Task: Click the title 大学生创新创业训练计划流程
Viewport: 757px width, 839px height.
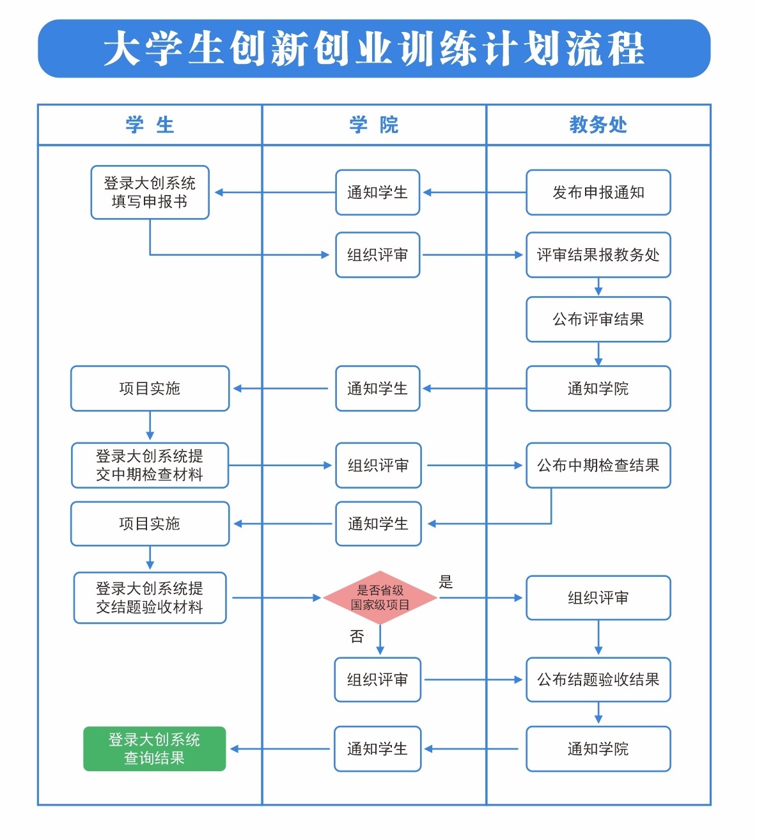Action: pos(374,49)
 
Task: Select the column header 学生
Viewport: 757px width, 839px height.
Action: pos(150,125)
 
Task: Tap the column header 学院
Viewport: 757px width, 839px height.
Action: pos(374,125)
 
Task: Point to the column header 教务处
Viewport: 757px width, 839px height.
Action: pos(598,125)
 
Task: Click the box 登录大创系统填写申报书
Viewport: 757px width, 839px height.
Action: pos(150,192)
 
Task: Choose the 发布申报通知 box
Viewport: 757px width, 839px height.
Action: pos(598,192)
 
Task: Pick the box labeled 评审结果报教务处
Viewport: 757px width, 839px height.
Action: pos(598,255)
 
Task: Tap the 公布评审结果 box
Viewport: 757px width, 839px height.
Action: pos(598,319)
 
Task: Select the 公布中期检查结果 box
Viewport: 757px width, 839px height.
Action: pos(598,466)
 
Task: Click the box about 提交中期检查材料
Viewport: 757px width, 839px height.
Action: pos(150,466)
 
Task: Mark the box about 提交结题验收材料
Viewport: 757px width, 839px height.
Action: pos(150,598)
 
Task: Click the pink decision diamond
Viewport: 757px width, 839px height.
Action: pos(380,598)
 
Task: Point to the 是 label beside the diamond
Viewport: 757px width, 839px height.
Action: pos(446,583)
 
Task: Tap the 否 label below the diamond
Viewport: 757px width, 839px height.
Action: pos(357,636)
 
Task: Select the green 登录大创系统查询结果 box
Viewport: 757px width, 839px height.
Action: pos(154,749)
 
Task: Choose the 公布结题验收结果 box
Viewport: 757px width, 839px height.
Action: pos(598,680)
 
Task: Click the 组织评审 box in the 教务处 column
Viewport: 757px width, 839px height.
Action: pos(598,598)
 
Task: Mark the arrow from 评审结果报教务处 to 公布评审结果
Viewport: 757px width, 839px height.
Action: pos(598,287)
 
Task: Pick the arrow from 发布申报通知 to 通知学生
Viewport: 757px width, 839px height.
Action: pos(473,192)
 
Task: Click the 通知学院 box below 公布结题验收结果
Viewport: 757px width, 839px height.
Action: pos(598,749)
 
